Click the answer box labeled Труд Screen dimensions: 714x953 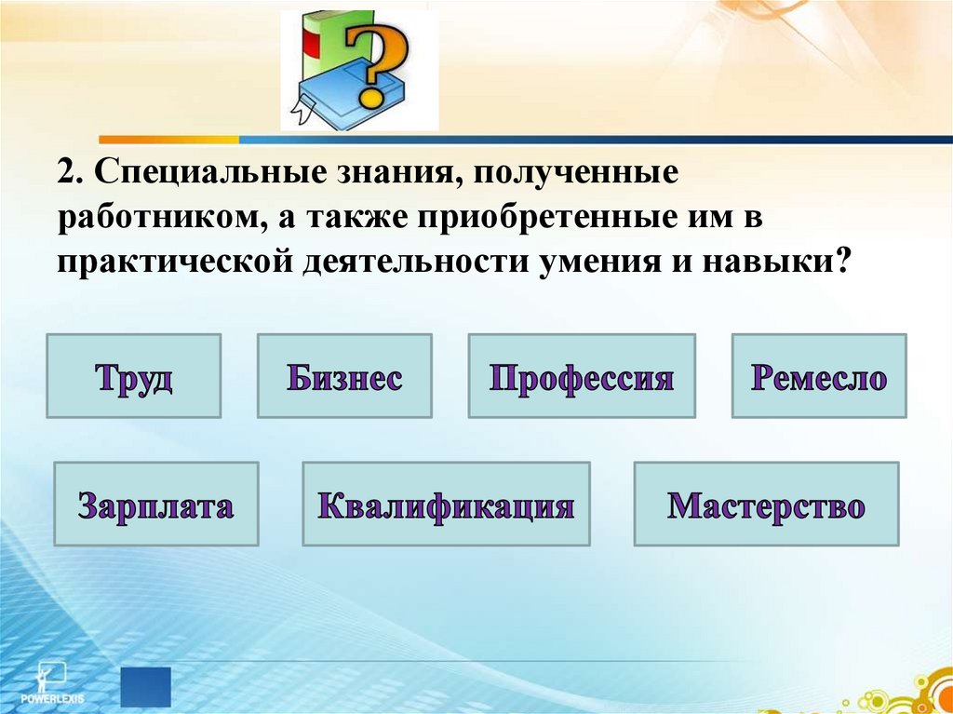click(x=133, y=376)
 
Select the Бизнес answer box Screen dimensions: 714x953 click(x=344, y=376)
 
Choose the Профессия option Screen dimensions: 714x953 click(x=582, y=376)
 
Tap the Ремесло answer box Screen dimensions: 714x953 click(x=819, y=376)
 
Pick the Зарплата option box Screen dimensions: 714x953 click(x=156, y=504)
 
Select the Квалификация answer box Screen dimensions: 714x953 click(x=446, y=504)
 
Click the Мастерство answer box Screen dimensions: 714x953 click(x=766, y=504)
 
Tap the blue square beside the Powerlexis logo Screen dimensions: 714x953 click(x=146, y=686)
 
